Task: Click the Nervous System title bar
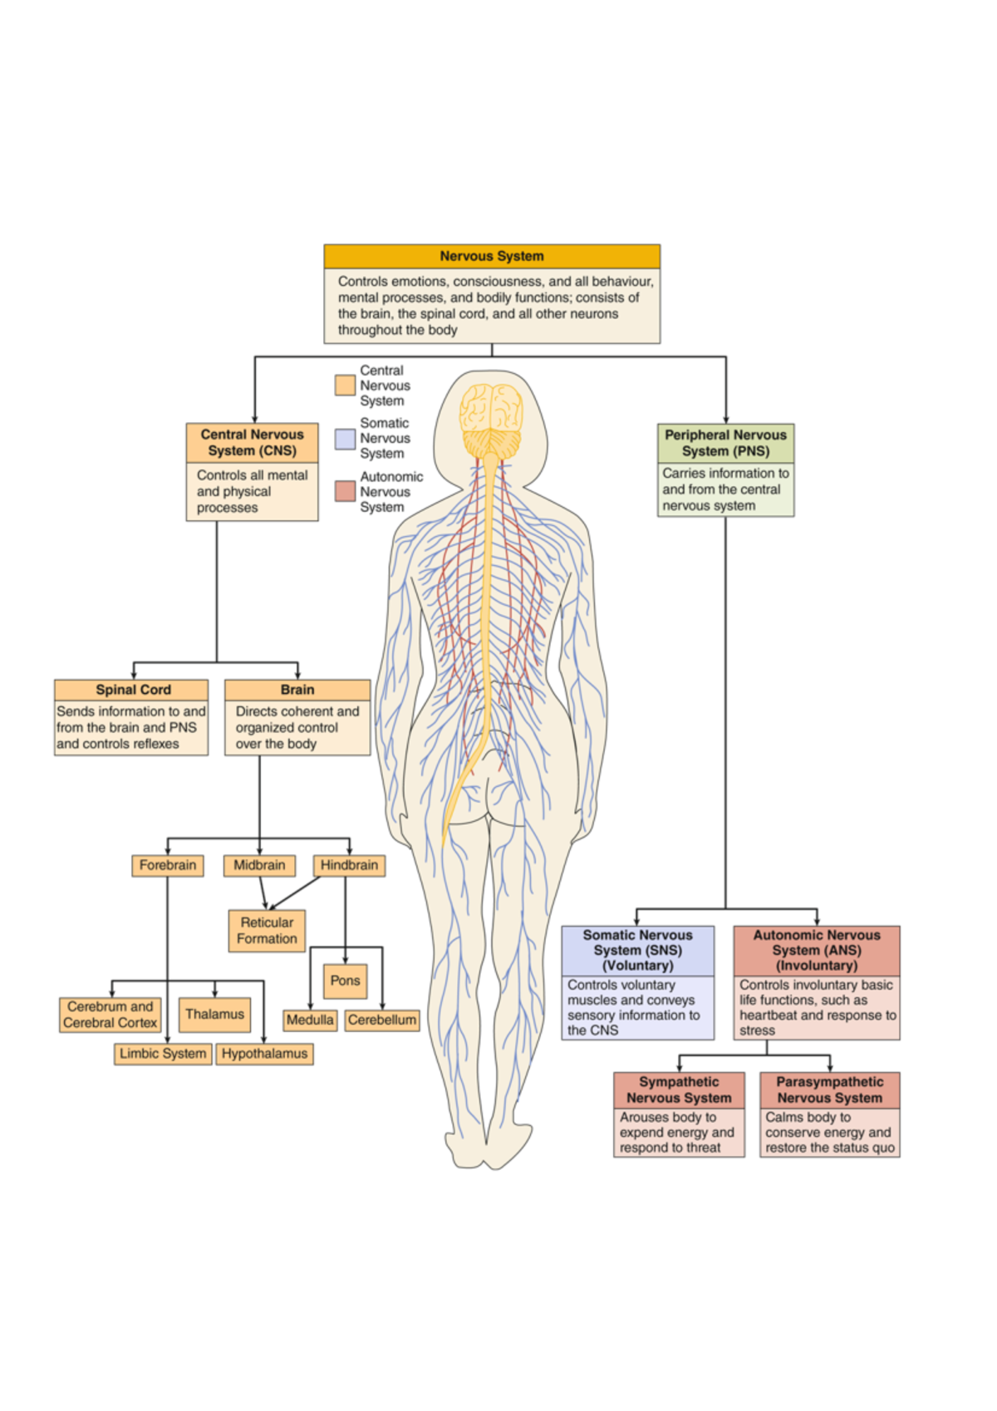(492, 256)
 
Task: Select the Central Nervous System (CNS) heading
(252, 443)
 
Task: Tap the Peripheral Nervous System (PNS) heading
(725, 443)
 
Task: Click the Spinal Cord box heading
(133, 690)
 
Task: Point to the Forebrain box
(168, 865)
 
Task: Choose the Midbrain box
(259, 865)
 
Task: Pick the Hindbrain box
(349, 865)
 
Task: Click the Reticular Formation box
(267, 931)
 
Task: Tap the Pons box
(345, 981)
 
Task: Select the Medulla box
(310, 1020)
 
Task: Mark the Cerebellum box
(382, 1020)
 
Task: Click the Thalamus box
(214, 1014)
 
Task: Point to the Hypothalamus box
(264, 1054)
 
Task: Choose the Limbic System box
(163, 1054)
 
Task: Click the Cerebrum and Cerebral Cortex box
(110, 1015)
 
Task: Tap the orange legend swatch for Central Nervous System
(345, 385)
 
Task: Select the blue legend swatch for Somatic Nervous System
(345, 439)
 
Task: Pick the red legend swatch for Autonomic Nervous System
(345, 491)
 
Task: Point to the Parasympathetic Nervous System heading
(829, 1089)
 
